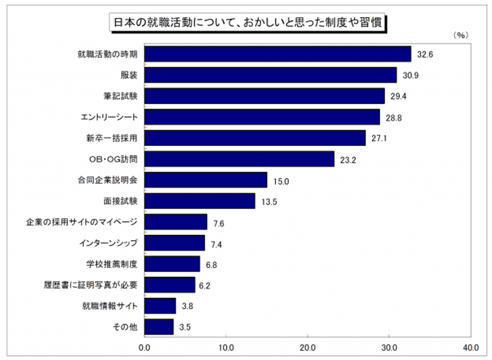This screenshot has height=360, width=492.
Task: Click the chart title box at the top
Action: click(x=248, y=23)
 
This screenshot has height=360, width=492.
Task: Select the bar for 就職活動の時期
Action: click(x=278, y=54)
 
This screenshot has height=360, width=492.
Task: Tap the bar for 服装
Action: click(x=270, y=75)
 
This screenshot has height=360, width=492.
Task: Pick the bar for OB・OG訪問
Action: click(x=240, y=159)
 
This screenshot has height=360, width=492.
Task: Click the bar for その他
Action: click(x=159, y=327)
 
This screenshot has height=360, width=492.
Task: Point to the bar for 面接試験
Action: click(x=200, y=201)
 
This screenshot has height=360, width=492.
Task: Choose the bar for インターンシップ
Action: click(x=175, y=243)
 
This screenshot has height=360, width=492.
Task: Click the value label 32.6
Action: click(x=425, y=54)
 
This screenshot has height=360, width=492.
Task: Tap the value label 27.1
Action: click(x=379, y=138)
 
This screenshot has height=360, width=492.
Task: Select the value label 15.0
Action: click(x=281, y=181)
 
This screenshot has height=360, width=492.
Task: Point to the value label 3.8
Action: click(x=188, y=306)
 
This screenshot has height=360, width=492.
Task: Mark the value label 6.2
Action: click(x=204, y=285)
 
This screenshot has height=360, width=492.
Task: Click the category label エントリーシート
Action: click(x=109, y=117)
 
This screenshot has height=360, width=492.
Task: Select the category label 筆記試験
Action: click(x=120, y=95)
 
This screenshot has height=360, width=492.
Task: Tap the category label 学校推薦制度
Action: click(x=112, y=264)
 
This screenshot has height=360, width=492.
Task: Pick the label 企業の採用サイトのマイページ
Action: click(x=82, y=222)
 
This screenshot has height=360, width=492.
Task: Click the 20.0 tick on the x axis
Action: click(x=307, y=348)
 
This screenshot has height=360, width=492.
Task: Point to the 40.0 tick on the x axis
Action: click(x=471, y=348)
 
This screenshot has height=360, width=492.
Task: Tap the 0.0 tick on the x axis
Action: click(x=144, y=348)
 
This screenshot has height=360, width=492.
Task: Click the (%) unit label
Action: click(x=461, y=35)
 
